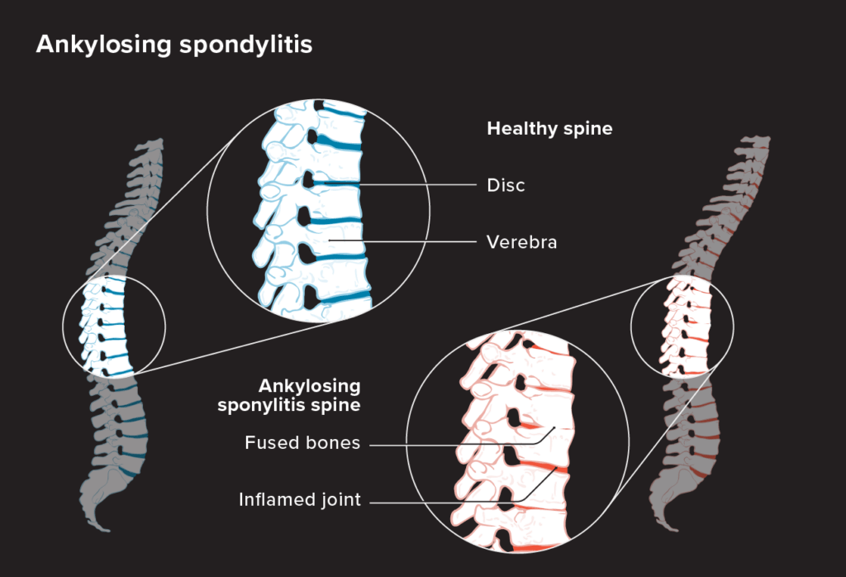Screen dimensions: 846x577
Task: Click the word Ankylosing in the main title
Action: pyautogui.click(x=103, y=45)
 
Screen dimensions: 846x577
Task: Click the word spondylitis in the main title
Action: pyautogui.click(x=246, y=45)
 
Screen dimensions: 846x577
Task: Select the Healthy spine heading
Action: pyautogui.click(x=549, y=129)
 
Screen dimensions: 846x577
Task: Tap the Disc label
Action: pyautogui.click(x=506, y=185)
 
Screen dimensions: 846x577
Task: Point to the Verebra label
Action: pyautogui.click(x=521, y=242)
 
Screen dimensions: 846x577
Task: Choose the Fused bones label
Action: pyautogui.click(x=302, y=442)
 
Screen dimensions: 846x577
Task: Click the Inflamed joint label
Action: pyautogui.click(x=299, y=500)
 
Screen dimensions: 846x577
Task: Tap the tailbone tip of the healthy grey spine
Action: pyautogui.click(x=106, y=530)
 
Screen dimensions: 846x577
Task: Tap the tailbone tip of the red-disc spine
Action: pyautogui.click(x=674, y=529)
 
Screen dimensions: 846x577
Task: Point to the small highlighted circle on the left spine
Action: pyautogui.click(x=63, y=326)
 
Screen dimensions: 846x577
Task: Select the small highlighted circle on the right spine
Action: pyautogui.click(x=630, y=326)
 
